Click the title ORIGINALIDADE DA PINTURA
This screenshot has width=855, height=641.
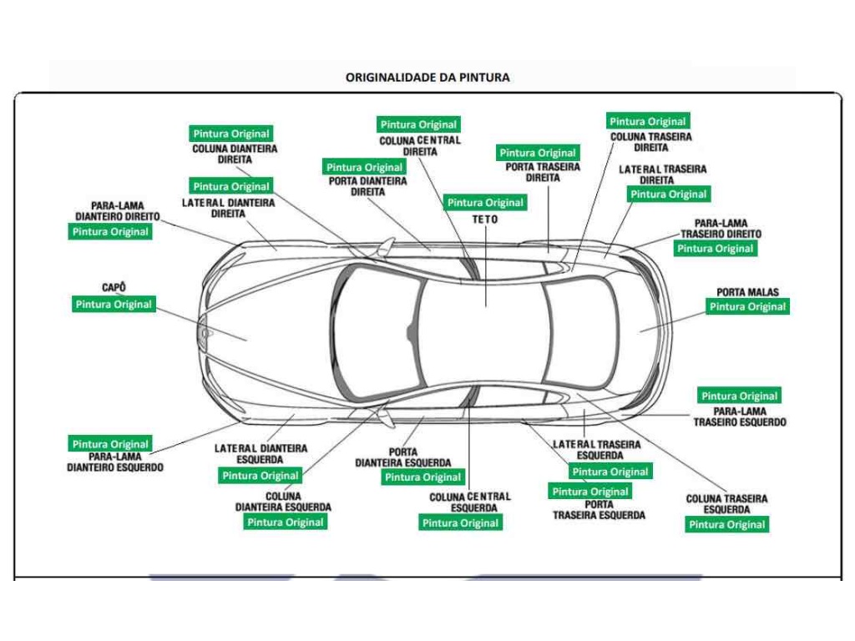click(x=427, y=77)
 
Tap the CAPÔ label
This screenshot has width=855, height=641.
click(x=114, y=288)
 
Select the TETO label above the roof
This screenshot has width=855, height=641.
click(x=485, y=220)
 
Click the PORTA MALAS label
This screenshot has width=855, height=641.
click(x=747, y=292)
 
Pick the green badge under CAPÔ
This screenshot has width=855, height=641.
click(x=114, y=305)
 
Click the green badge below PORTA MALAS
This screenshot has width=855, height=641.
click(x=747, y=306)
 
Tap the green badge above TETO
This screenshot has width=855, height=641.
click(x=485, y=203)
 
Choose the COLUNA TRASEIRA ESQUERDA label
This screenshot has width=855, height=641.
click(x=726, y=504)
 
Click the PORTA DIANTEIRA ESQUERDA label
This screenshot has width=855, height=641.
click(x=403, y=457)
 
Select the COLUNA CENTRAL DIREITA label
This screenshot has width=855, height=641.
click(x=420, y=146)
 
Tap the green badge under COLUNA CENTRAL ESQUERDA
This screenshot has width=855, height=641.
click(x=460, y=523)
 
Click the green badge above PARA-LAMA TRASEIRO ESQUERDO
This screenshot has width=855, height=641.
click(x=739, y=396)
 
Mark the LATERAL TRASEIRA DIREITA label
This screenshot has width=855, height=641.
click(x=662, y=174)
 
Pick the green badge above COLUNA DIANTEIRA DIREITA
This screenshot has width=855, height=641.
click(x=231, y=134)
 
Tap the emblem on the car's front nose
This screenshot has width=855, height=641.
click(x=205, y=333)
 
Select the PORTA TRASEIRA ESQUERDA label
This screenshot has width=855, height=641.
click(x=599, y=510)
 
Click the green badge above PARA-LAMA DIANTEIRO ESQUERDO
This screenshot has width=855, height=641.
click(x=110, y=444)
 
